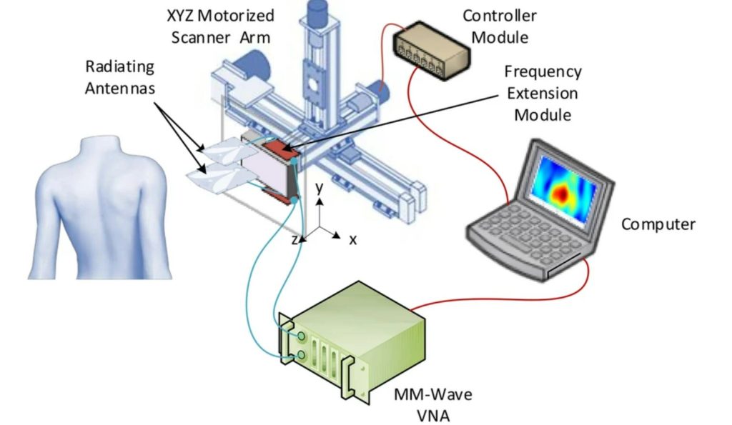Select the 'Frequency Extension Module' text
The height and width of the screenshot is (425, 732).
(x=543, y=93)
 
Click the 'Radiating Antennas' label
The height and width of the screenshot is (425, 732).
(x=119, y=77)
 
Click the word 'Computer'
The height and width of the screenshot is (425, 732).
(x=658, y=224)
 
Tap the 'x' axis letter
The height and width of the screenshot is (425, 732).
(x=352, y=240)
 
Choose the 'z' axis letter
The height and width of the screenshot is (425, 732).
(x=295, y=240)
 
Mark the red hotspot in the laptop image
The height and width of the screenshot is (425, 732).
(x=563, y=191)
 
